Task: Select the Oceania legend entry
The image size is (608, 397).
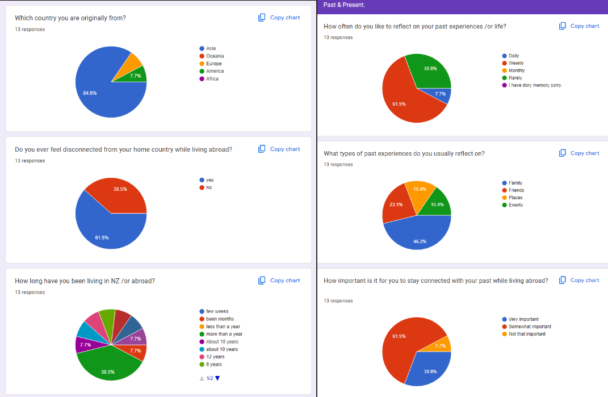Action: tap(215, 56)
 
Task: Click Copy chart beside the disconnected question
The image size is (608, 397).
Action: tap(279, 149)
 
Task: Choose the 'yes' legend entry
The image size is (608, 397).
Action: tap(209, 180)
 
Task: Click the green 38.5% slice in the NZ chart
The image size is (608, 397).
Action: tap(108, 368)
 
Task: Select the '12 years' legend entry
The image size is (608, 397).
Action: tap(215, 357)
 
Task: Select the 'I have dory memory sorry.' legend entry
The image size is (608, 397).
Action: tap(535, 85)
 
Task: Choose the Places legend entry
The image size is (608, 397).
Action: tap(515, 198)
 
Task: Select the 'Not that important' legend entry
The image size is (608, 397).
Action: tap(527, 334)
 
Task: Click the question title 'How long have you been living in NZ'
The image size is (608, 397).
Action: tap(85, 281)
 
